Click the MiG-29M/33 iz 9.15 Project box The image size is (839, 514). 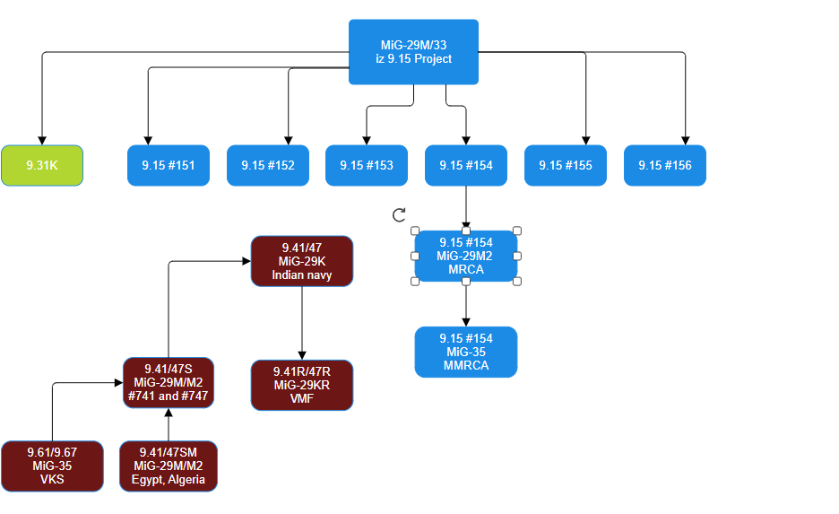tap(413, 52)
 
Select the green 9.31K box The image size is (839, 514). tap(42, 166)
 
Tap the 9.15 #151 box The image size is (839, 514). tap(169, 166)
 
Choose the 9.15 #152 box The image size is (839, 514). tap(267, 166)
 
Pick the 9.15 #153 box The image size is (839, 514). tap(366, 166)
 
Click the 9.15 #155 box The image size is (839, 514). tap(566, 166)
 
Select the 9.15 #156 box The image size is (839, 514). tap(665, 166)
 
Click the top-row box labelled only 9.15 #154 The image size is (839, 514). tap(466, 166)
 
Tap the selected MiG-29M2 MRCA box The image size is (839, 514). tap(466, 256)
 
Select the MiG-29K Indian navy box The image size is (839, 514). tap(302, 261)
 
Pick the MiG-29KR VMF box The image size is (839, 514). tap(302, 385)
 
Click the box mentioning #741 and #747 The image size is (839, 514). tap(169, 383)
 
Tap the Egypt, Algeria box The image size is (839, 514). tap(169, 466)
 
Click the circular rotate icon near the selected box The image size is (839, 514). tap(400, 215)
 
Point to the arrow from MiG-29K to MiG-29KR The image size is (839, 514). tap(302, 323)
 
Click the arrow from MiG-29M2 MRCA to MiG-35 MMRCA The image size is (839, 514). tap(466, 305)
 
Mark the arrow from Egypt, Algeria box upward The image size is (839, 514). tap(169, 425)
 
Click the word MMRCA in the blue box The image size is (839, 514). tap(466, 365)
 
